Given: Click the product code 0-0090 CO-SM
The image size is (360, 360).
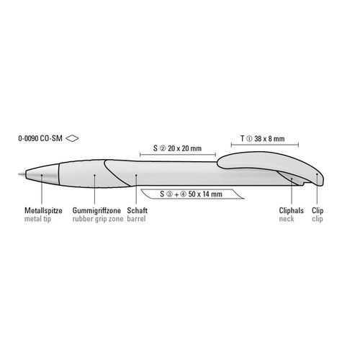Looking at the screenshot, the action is click(40, 138).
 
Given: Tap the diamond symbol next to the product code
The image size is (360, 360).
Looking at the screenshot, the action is click(72, 138).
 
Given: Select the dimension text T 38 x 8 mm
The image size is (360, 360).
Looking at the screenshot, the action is click(263, 139).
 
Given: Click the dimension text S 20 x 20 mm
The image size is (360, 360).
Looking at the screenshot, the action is click(177, 148).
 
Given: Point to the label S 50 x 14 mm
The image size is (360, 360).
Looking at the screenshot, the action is click(191, 194).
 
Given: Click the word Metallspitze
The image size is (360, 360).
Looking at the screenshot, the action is click(43, 210).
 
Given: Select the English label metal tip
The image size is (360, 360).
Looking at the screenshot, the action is click(37, 219).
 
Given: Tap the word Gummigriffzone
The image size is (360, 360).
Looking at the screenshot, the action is click(96, 210).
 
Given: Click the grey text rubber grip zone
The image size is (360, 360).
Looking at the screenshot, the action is click(98, 219).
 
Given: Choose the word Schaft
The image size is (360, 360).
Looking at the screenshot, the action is click(138, 210).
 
